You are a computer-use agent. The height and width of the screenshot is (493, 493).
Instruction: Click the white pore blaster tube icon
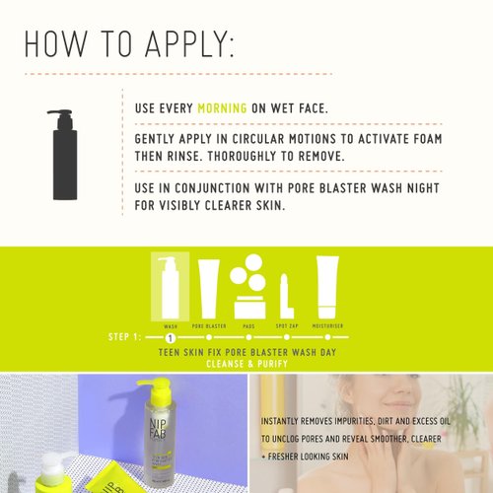[209, 286]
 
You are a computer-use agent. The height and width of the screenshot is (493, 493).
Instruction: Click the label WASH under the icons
[171, 325]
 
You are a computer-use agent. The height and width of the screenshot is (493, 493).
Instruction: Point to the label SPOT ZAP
[287, 325]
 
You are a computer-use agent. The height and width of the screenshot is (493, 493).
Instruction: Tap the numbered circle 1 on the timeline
[171, 338]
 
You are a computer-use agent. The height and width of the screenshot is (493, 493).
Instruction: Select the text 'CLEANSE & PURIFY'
[246, 362]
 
